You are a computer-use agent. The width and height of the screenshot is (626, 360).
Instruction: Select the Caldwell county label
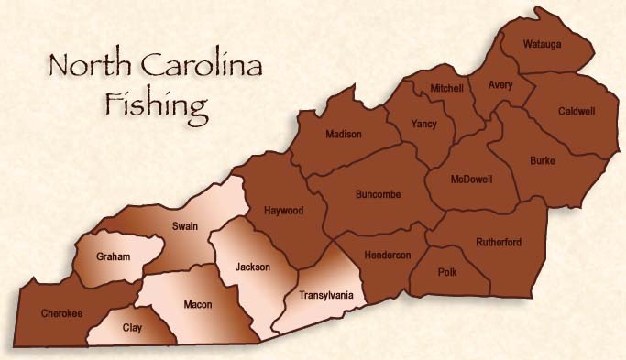(x=577, y=112)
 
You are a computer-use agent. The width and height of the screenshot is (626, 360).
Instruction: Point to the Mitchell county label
(x=446, y=88)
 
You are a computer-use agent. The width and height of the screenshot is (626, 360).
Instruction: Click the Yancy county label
(x=424, y=125)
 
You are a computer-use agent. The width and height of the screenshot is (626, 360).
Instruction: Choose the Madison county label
(x=344, y=135)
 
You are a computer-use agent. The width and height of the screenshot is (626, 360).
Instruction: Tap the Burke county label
(x=543, y=161)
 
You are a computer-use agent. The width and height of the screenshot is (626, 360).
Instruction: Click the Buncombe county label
(x=379, y=194)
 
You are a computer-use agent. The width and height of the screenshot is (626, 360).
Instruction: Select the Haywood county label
(x=283, y=210)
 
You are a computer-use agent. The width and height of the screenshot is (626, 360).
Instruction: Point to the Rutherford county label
(x=499, y=242)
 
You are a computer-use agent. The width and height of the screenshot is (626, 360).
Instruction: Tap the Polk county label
(x=449, y=273)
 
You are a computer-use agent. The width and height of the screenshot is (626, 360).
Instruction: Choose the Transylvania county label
(x=326, y=296)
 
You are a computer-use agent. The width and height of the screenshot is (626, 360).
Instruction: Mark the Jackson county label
(x=252, y=267)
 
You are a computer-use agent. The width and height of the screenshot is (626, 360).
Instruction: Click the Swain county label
(x=184, y=226)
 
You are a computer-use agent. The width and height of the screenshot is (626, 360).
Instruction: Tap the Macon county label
(x=197, y=304)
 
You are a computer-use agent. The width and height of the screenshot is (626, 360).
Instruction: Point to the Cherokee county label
(x=62, y=314)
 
